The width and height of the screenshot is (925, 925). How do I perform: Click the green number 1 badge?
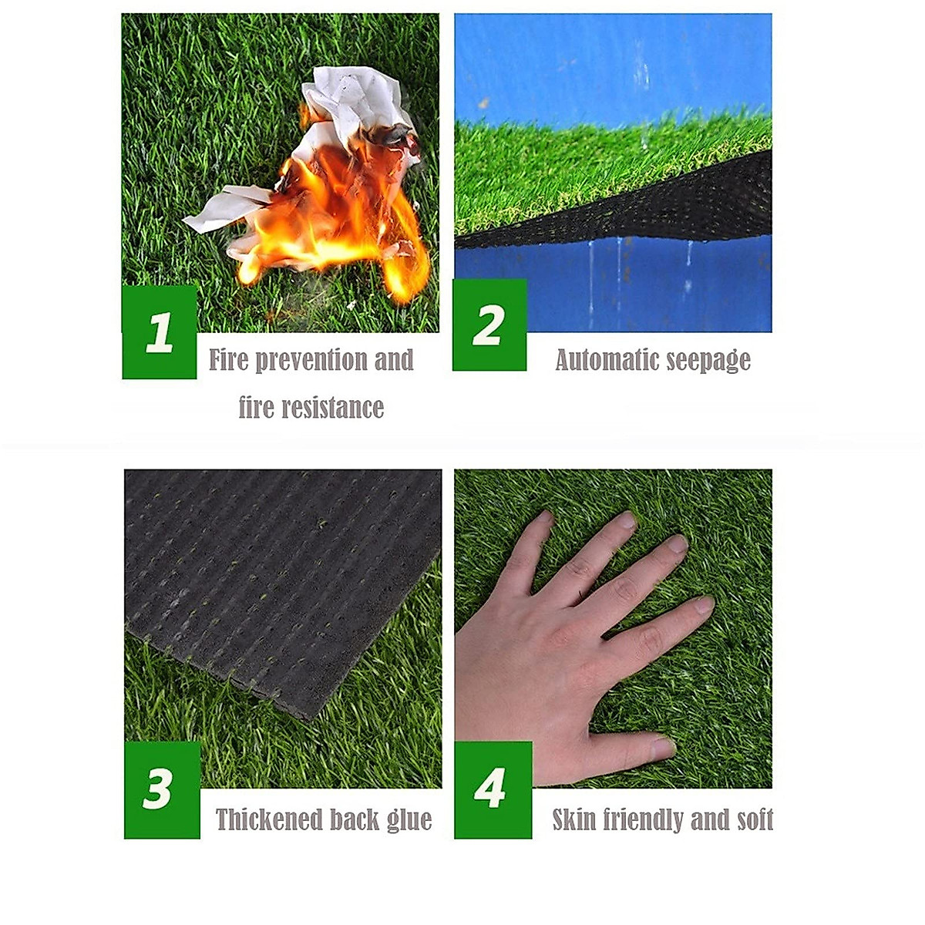160,332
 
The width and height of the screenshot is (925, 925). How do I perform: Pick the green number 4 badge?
492,789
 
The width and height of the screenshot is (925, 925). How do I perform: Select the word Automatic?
600,360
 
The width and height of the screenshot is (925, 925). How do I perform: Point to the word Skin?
573,819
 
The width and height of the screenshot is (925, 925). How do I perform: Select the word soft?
755,819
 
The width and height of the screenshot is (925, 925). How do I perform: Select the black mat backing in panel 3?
270,570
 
